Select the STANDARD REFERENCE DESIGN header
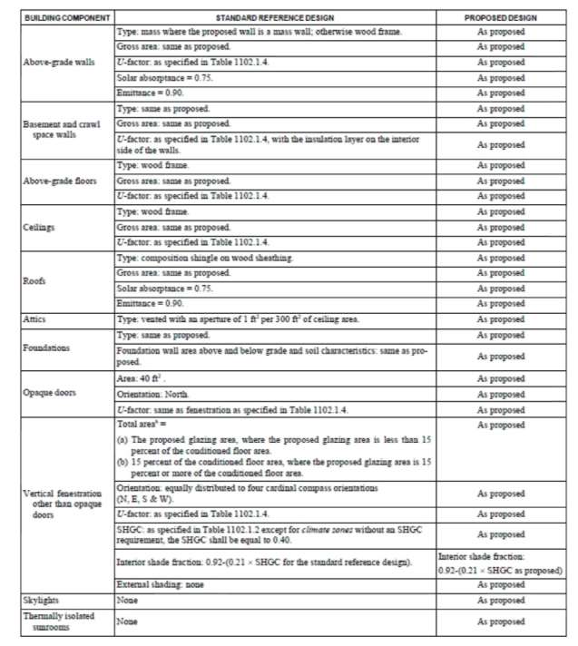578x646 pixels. click(x=274, y=17)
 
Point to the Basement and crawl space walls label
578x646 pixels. click(x=60, y=129)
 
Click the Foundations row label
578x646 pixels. click(x=45, y=347)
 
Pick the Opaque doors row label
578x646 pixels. click(x=50, y=394)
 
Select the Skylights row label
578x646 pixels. click(x=40, y=601)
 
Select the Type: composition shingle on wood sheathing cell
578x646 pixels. click(x=205, y=259)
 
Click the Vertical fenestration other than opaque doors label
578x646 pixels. click(x=62, y=504)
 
